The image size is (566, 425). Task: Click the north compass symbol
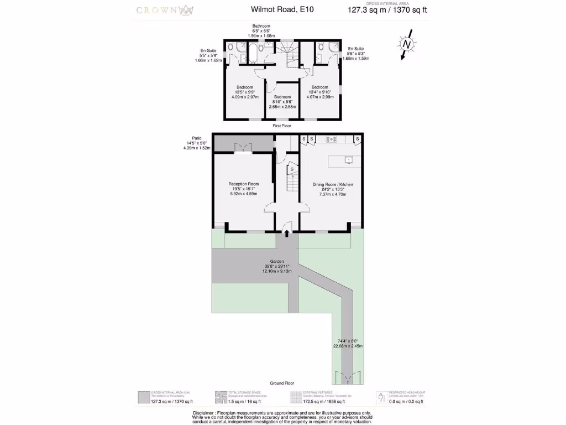tap(407, 44)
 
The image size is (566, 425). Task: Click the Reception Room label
tap(243, 184)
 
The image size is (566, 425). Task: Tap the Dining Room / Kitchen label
tap(333, 185)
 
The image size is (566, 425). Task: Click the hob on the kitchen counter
tap(333, 138)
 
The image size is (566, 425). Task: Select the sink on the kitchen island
tap(349, 160)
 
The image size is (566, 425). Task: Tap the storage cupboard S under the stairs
tap(292, 169)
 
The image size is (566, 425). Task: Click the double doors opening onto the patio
tap(244, 146)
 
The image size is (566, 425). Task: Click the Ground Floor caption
tap(282, 383)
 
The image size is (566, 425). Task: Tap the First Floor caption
tap(282, 126)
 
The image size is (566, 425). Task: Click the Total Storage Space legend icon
tap(220, 397)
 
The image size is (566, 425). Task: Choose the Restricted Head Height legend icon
tap(381, 397)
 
